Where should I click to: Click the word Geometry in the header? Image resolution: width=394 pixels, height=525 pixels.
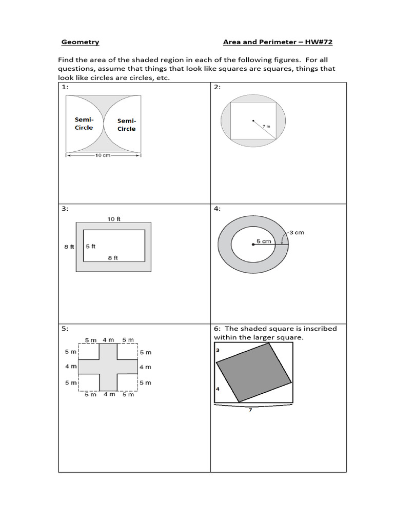[80, 42]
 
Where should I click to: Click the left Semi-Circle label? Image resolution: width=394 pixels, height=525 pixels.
[84, 124]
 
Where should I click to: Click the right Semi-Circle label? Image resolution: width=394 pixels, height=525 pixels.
[126, 125]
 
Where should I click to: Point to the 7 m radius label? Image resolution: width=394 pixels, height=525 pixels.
[265, 126]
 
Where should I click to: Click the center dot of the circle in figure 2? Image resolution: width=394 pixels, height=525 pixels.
[252, 121]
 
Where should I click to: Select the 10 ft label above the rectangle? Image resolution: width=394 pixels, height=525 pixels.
[114, 219]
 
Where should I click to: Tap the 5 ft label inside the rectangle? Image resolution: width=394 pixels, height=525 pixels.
[90, 246]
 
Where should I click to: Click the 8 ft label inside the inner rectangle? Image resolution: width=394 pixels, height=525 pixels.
[113, 258]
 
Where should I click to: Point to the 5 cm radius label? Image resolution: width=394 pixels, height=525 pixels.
[264, 241]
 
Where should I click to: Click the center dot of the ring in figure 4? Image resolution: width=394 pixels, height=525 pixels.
[253, 245]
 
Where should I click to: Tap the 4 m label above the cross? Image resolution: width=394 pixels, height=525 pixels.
[108, 340]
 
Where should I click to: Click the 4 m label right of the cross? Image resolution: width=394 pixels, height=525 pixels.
[145, 367]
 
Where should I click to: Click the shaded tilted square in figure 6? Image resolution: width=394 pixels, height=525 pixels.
[254, 372]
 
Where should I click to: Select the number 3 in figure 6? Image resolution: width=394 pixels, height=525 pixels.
[218, 350]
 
